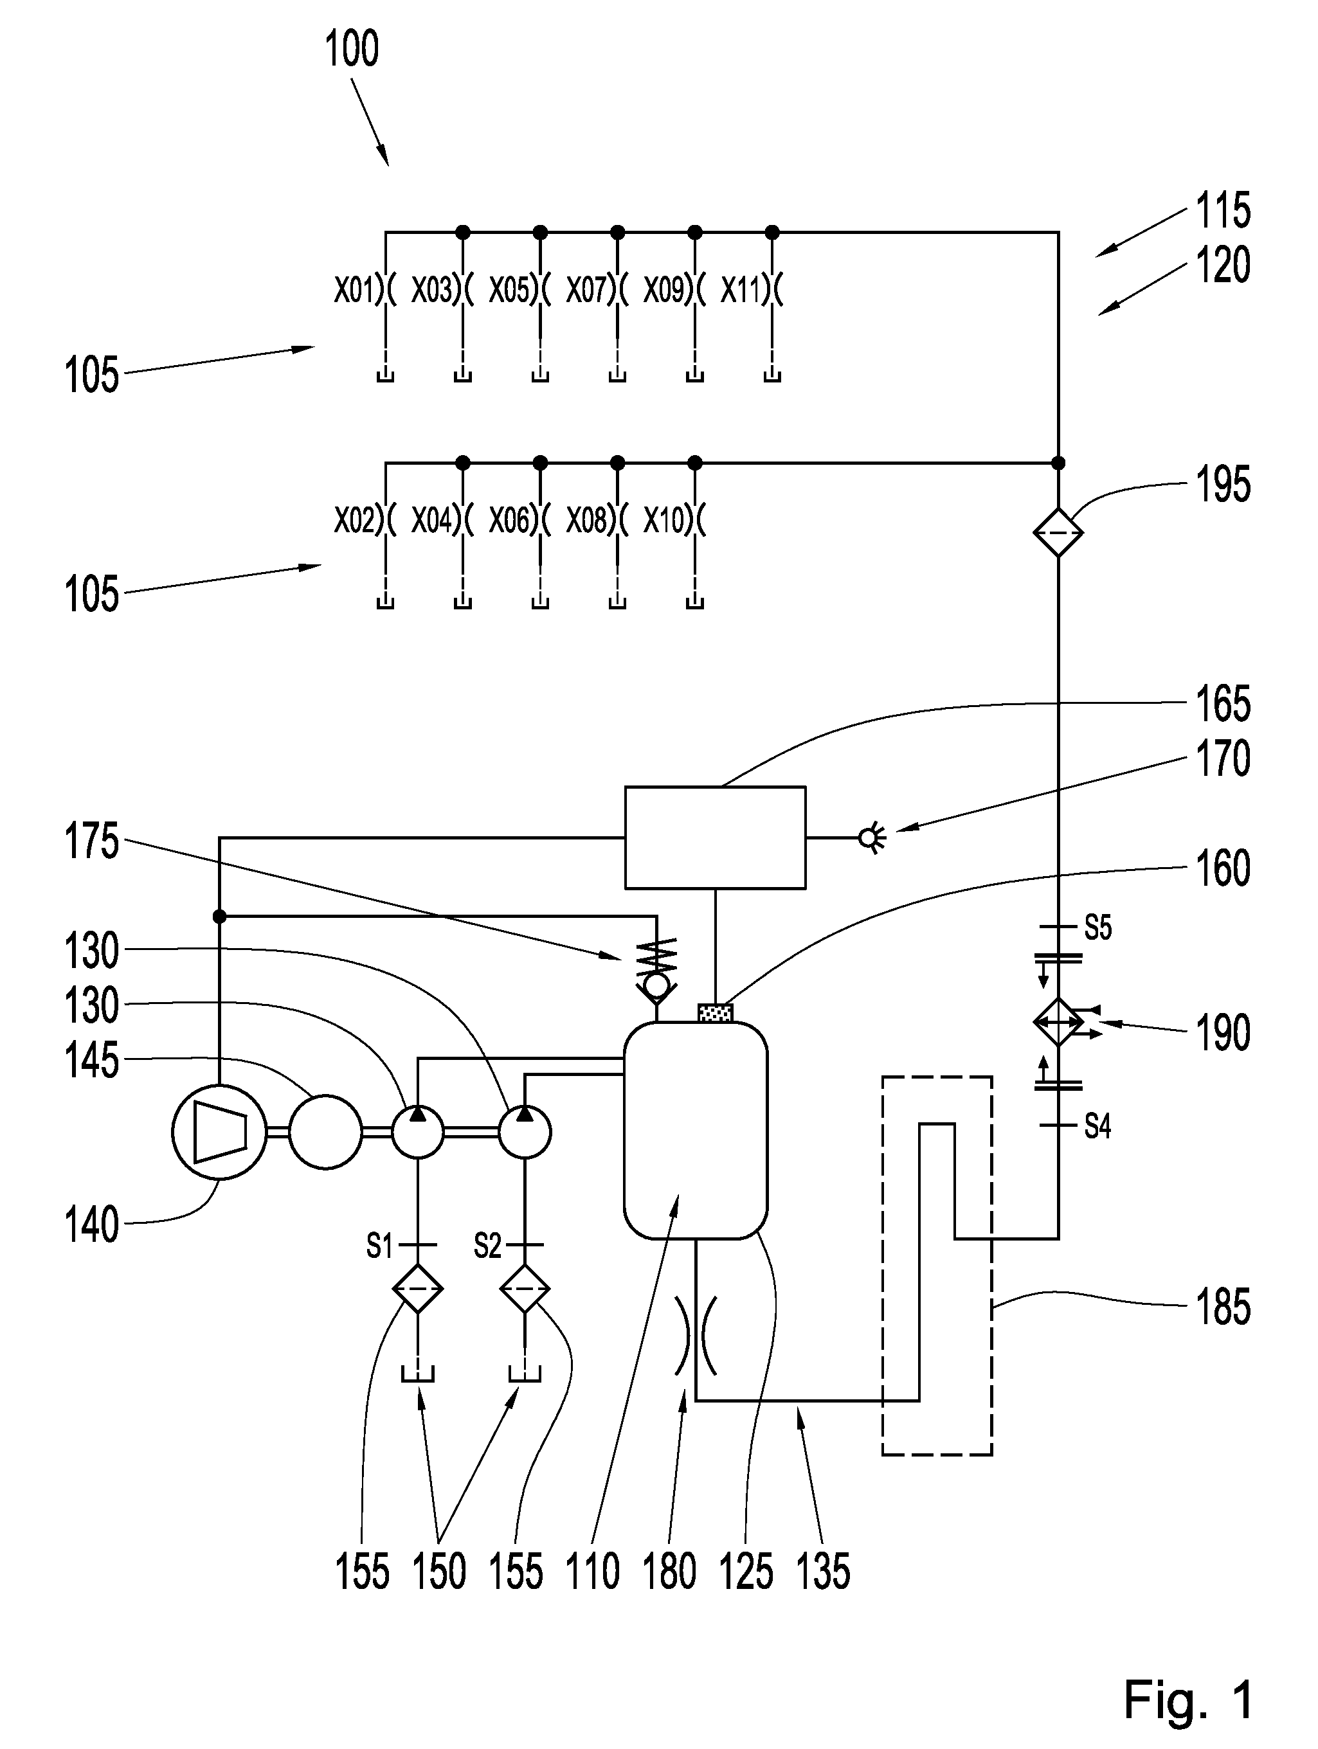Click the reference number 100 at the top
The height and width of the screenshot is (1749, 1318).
click(352, 49)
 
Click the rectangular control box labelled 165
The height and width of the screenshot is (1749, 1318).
click(716, 838)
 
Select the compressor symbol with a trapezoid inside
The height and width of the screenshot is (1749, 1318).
click(219, 1133)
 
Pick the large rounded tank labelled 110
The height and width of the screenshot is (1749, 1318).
click(696, 1130)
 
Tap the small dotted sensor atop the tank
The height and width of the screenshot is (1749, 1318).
click(716, 1012)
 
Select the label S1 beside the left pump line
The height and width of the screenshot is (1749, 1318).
click(379, 1247)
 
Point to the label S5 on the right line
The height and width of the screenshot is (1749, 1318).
click(1098, 928)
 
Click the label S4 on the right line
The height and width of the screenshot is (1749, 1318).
click(1098, 1126)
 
